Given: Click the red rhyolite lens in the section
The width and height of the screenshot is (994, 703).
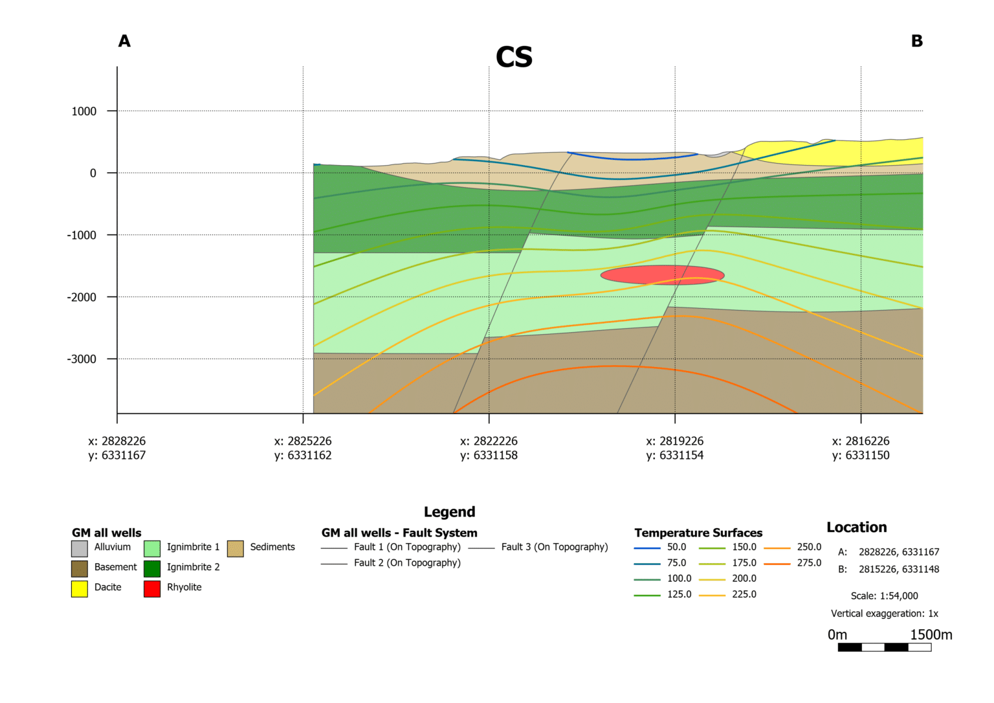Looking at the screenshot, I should coord(662,274).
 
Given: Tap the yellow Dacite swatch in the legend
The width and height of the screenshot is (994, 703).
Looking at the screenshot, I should coord(80,588).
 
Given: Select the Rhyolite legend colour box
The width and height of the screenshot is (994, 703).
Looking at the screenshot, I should coord(152,588).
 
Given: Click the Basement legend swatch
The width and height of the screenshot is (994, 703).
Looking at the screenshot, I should coord(80,568).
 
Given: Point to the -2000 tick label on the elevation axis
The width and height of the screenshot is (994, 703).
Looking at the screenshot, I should coord(82,297).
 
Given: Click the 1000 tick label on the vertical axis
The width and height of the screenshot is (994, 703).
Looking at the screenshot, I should coord(84,111).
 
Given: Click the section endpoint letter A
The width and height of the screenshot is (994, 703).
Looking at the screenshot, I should coord(124,41).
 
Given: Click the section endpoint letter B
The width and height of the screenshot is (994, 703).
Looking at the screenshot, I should coord(916,41).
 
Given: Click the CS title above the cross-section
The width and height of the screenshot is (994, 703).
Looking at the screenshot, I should coord(514,57).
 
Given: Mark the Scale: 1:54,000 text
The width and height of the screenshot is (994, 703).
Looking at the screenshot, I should coord(884,596).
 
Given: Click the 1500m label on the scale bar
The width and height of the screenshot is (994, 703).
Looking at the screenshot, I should coord(931,635).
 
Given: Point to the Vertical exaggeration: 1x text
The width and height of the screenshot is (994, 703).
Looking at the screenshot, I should coord(884,614).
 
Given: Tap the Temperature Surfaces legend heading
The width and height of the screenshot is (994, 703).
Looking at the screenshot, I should coord(698,533).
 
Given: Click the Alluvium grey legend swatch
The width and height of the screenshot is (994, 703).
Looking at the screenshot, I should coord(80,548).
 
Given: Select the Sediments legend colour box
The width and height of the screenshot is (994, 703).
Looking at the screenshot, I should coord(236,548).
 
